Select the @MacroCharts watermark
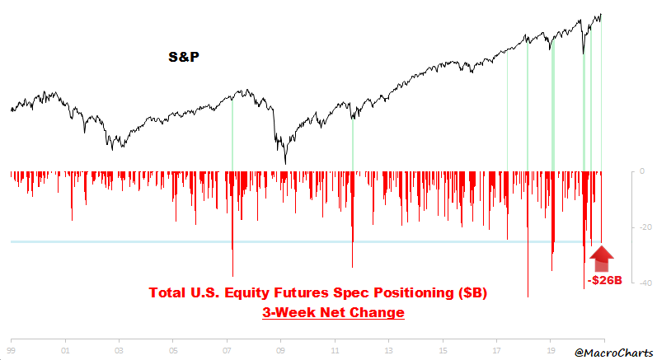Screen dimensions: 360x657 pyautogui.click(x=612, y=351)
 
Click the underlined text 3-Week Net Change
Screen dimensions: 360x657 pyautogui.click(x=332, y=313)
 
